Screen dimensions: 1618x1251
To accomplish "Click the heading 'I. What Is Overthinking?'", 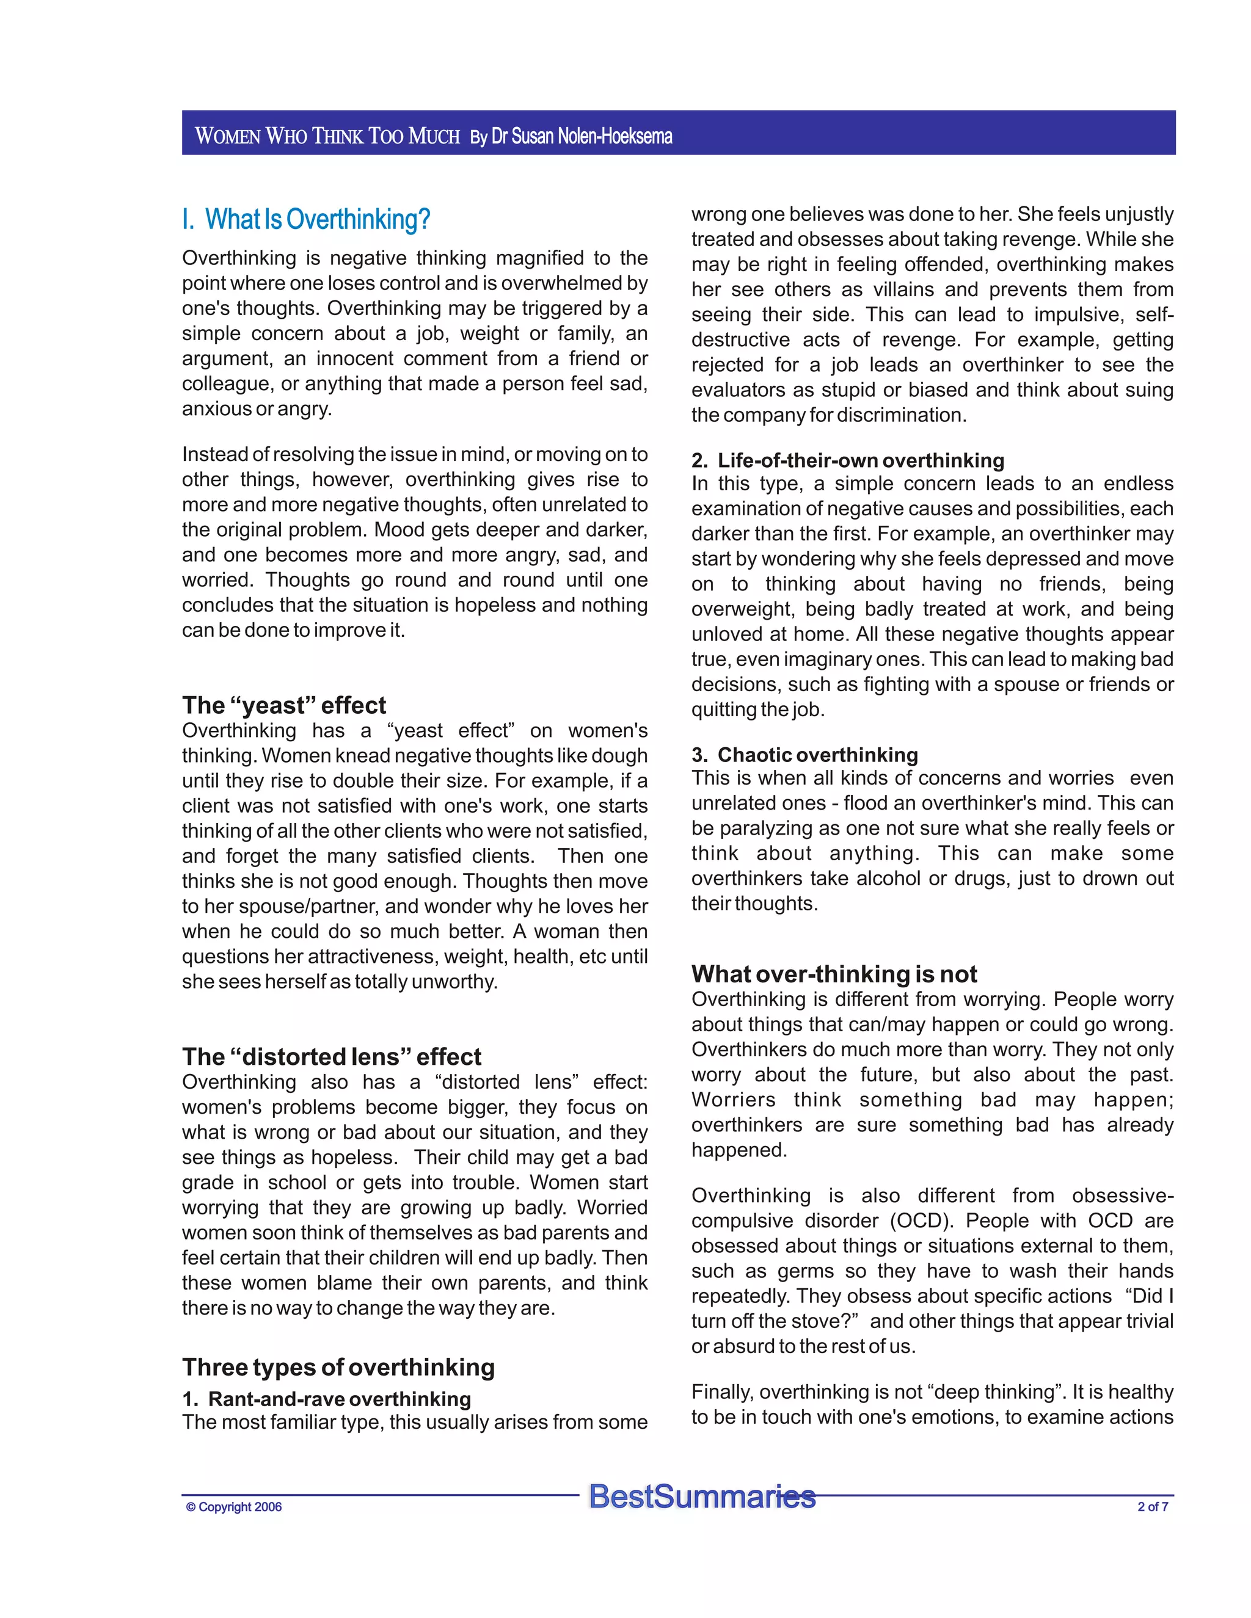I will pos(306,219).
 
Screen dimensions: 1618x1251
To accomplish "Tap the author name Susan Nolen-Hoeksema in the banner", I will pos(582,136).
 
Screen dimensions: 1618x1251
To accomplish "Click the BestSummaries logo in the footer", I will pos(702,1496).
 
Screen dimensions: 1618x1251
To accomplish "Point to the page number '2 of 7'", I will pos(1153,1507).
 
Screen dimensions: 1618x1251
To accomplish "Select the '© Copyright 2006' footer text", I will pos(233,1507).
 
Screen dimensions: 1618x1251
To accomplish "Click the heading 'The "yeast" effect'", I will pos(284,705).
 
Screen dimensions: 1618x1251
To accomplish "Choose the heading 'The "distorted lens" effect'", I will pos(331,1056).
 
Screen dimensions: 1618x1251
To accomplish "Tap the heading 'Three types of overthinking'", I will pos(338,1367).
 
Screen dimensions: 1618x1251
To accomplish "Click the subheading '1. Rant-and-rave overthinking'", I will pos(326,1399).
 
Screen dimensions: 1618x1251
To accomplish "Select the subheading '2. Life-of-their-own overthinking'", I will pos(847,460).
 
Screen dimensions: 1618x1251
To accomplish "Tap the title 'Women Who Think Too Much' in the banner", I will pos(327,136).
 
